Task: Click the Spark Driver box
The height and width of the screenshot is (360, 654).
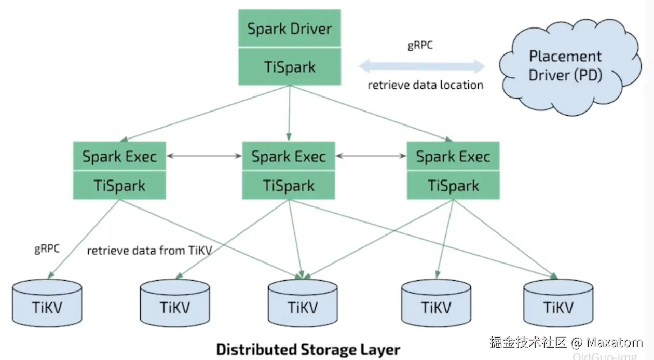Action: [x=289, y=29]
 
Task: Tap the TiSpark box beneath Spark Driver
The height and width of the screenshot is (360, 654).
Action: [x=289, y=67]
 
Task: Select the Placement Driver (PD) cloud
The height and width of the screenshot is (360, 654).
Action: [x=565, y=65]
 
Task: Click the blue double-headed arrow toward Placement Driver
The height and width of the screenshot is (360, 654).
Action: [x=421, y=66]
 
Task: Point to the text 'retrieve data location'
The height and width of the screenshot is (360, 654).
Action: [x=425, y=85]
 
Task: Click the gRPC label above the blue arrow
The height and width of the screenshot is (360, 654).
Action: [x=419, y=46]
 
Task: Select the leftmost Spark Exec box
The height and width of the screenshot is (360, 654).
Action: [x=119, y=156]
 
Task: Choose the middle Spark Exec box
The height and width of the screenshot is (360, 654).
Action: [x=289, y=156]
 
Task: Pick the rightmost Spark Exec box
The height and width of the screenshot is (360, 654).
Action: [x=453, y=156]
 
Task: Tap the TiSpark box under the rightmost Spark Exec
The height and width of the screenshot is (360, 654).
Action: [x=453, y=186]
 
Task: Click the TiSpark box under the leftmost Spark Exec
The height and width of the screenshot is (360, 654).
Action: [x=119, y=186]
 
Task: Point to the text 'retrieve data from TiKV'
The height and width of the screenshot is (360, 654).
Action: [x=149, y=251]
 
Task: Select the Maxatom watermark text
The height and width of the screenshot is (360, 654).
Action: [x=615, y=342]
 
